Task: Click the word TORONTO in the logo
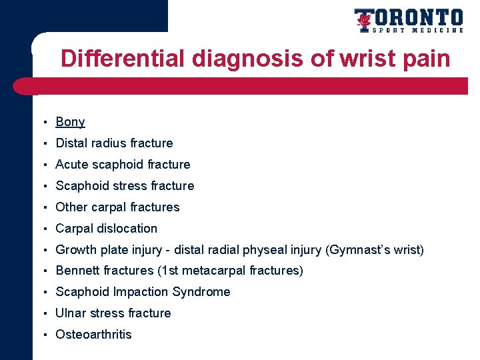[417, 17]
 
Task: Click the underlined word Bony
[70, 122]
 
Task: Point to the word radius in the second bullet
[109, 143]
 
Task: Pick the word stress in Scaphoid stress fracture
[125, 186]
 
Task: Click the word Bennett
[77, 271]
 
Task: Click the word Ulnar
[71, 313]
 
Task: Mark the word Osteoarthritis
[93, 335]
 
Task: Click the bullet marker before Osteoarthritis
[43, 335]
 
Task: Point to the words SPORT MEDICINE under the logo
[418, 30]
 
